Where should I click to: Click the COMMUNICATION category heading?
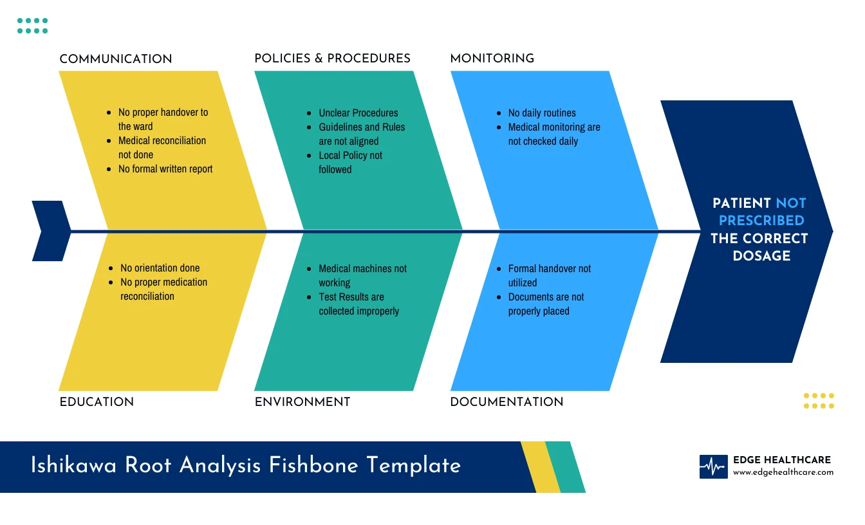click(x=116, y=59)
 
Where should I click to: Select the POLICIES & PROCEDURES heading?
click(x=332, y=59)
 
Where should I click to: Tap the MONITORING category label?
click(x=492, y=59)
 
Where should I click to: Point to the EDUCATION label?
click(x=97, y=402)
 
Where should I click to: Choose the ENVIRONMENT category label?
click(x=302, y=402)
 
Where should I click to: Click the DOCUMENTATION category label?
click(x=507, y=402)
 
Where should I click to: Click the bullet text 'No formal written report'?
click(x=165, y=169)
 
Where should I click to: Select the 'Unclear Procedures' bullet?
click(x=358, y=113)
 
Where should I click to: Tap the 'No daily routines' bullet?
click(x=542, y=113)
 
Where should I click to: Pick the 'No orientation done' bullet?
click(x=160, y=268)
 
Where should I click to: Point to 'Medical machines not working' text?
click(x=362, y=275)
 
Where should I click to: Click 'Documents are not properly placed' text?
click(x=546, y=304)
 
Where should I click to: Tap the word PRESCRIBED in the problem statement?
click(x=761, y=221)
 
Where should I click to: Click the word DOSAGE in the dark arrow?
click(x=761, y=256)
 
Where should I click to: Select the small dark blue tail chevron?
click(x=50, y=231)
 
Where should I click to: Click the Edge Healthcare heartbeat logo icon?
click(x=713, y=467)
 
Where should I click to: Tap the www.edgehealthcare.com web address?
click(x=783, y=472)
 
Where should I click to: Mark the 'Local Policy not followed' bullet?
click(x=350, y=162)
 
